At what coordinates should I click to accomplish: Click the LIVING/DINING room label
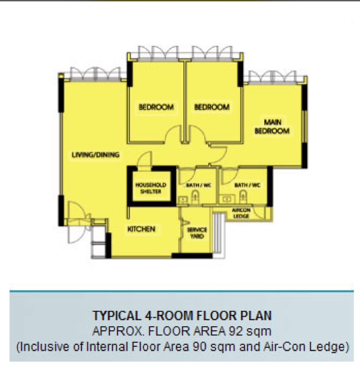click(95, 155)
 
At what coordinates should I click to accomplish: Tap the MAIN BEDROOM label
click(272, 126)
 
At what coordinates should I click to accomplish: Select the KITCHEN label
click(141, 229)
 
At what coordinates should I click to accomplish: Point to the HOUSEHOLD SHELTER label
click(151, 188)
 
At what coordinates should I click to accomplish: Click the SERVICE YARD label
click(197, 233)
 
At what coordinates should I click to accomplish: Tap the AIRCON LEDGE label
click(241, 213)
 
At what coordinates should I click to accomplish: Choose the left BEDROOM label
click(156, 107)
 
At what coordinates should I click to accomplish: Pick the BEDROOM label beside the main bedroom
click(211, 107)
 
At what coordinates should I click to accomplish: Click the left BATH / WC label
click(198, 185)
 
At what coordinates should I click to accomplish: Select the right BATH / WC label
click(247, 185)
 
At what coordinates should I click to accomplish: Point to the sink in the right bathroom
click(227, 200)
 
